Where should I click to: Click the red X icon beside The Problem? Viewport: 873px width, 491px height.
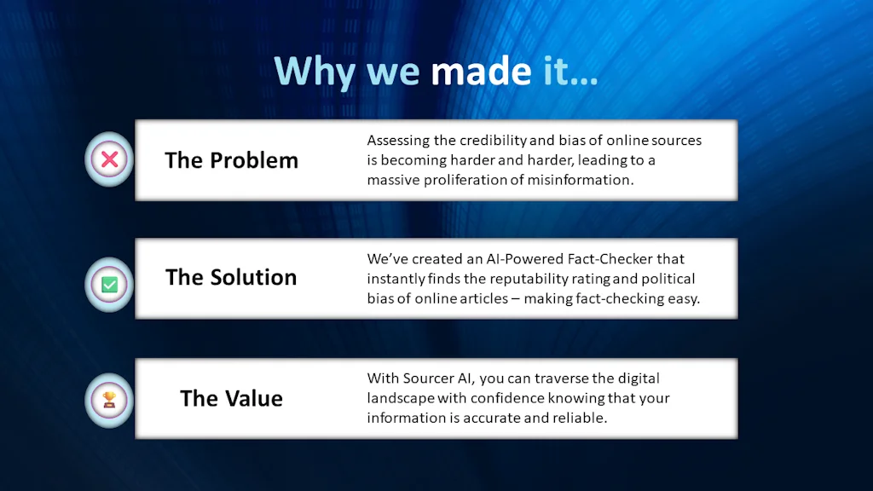pos(109,159)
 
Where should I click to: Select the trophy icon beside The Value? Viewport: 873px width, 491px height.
pos(109,400)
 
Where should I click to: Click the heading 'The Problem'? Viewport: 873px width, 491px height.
pos(231,160)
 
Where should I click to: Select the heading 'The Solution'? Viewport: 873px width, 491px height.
pos(231,277)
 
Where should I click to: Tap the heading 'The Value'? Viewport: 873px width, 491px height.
pos(231,398)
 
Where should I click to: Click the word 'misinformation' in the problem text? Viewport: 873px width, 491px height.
pos(588,180)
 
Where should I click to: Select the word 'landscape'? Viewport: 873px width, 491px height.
pos(400,397)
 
